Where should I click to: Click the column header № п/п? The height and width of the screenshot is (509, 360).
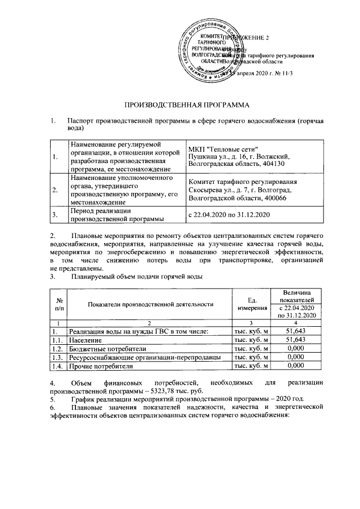pyautogui.click(x=58, y=304)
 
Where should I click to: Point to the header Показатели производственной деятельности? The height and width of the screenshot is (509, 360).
pyautogui.click(x=150, y=304)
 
